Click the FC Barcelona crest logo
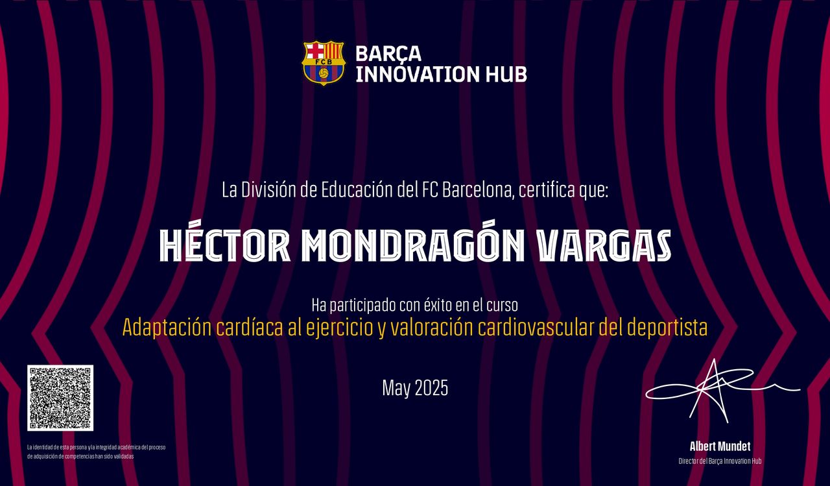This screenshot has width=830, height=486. tap(324, 63)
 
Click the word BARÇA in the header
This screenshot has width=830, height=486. tap(388, 54)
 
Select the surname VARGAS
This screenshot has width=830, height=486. tap(604, 245)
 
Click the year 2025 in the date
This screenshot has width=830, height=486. tap(431, 388)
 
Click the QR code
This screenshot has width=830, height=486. tap(60, 398)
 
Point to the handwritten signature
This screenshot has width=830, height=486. tap(722, 391)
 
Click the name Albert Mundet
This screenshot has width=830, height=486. tap(720, 446)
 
